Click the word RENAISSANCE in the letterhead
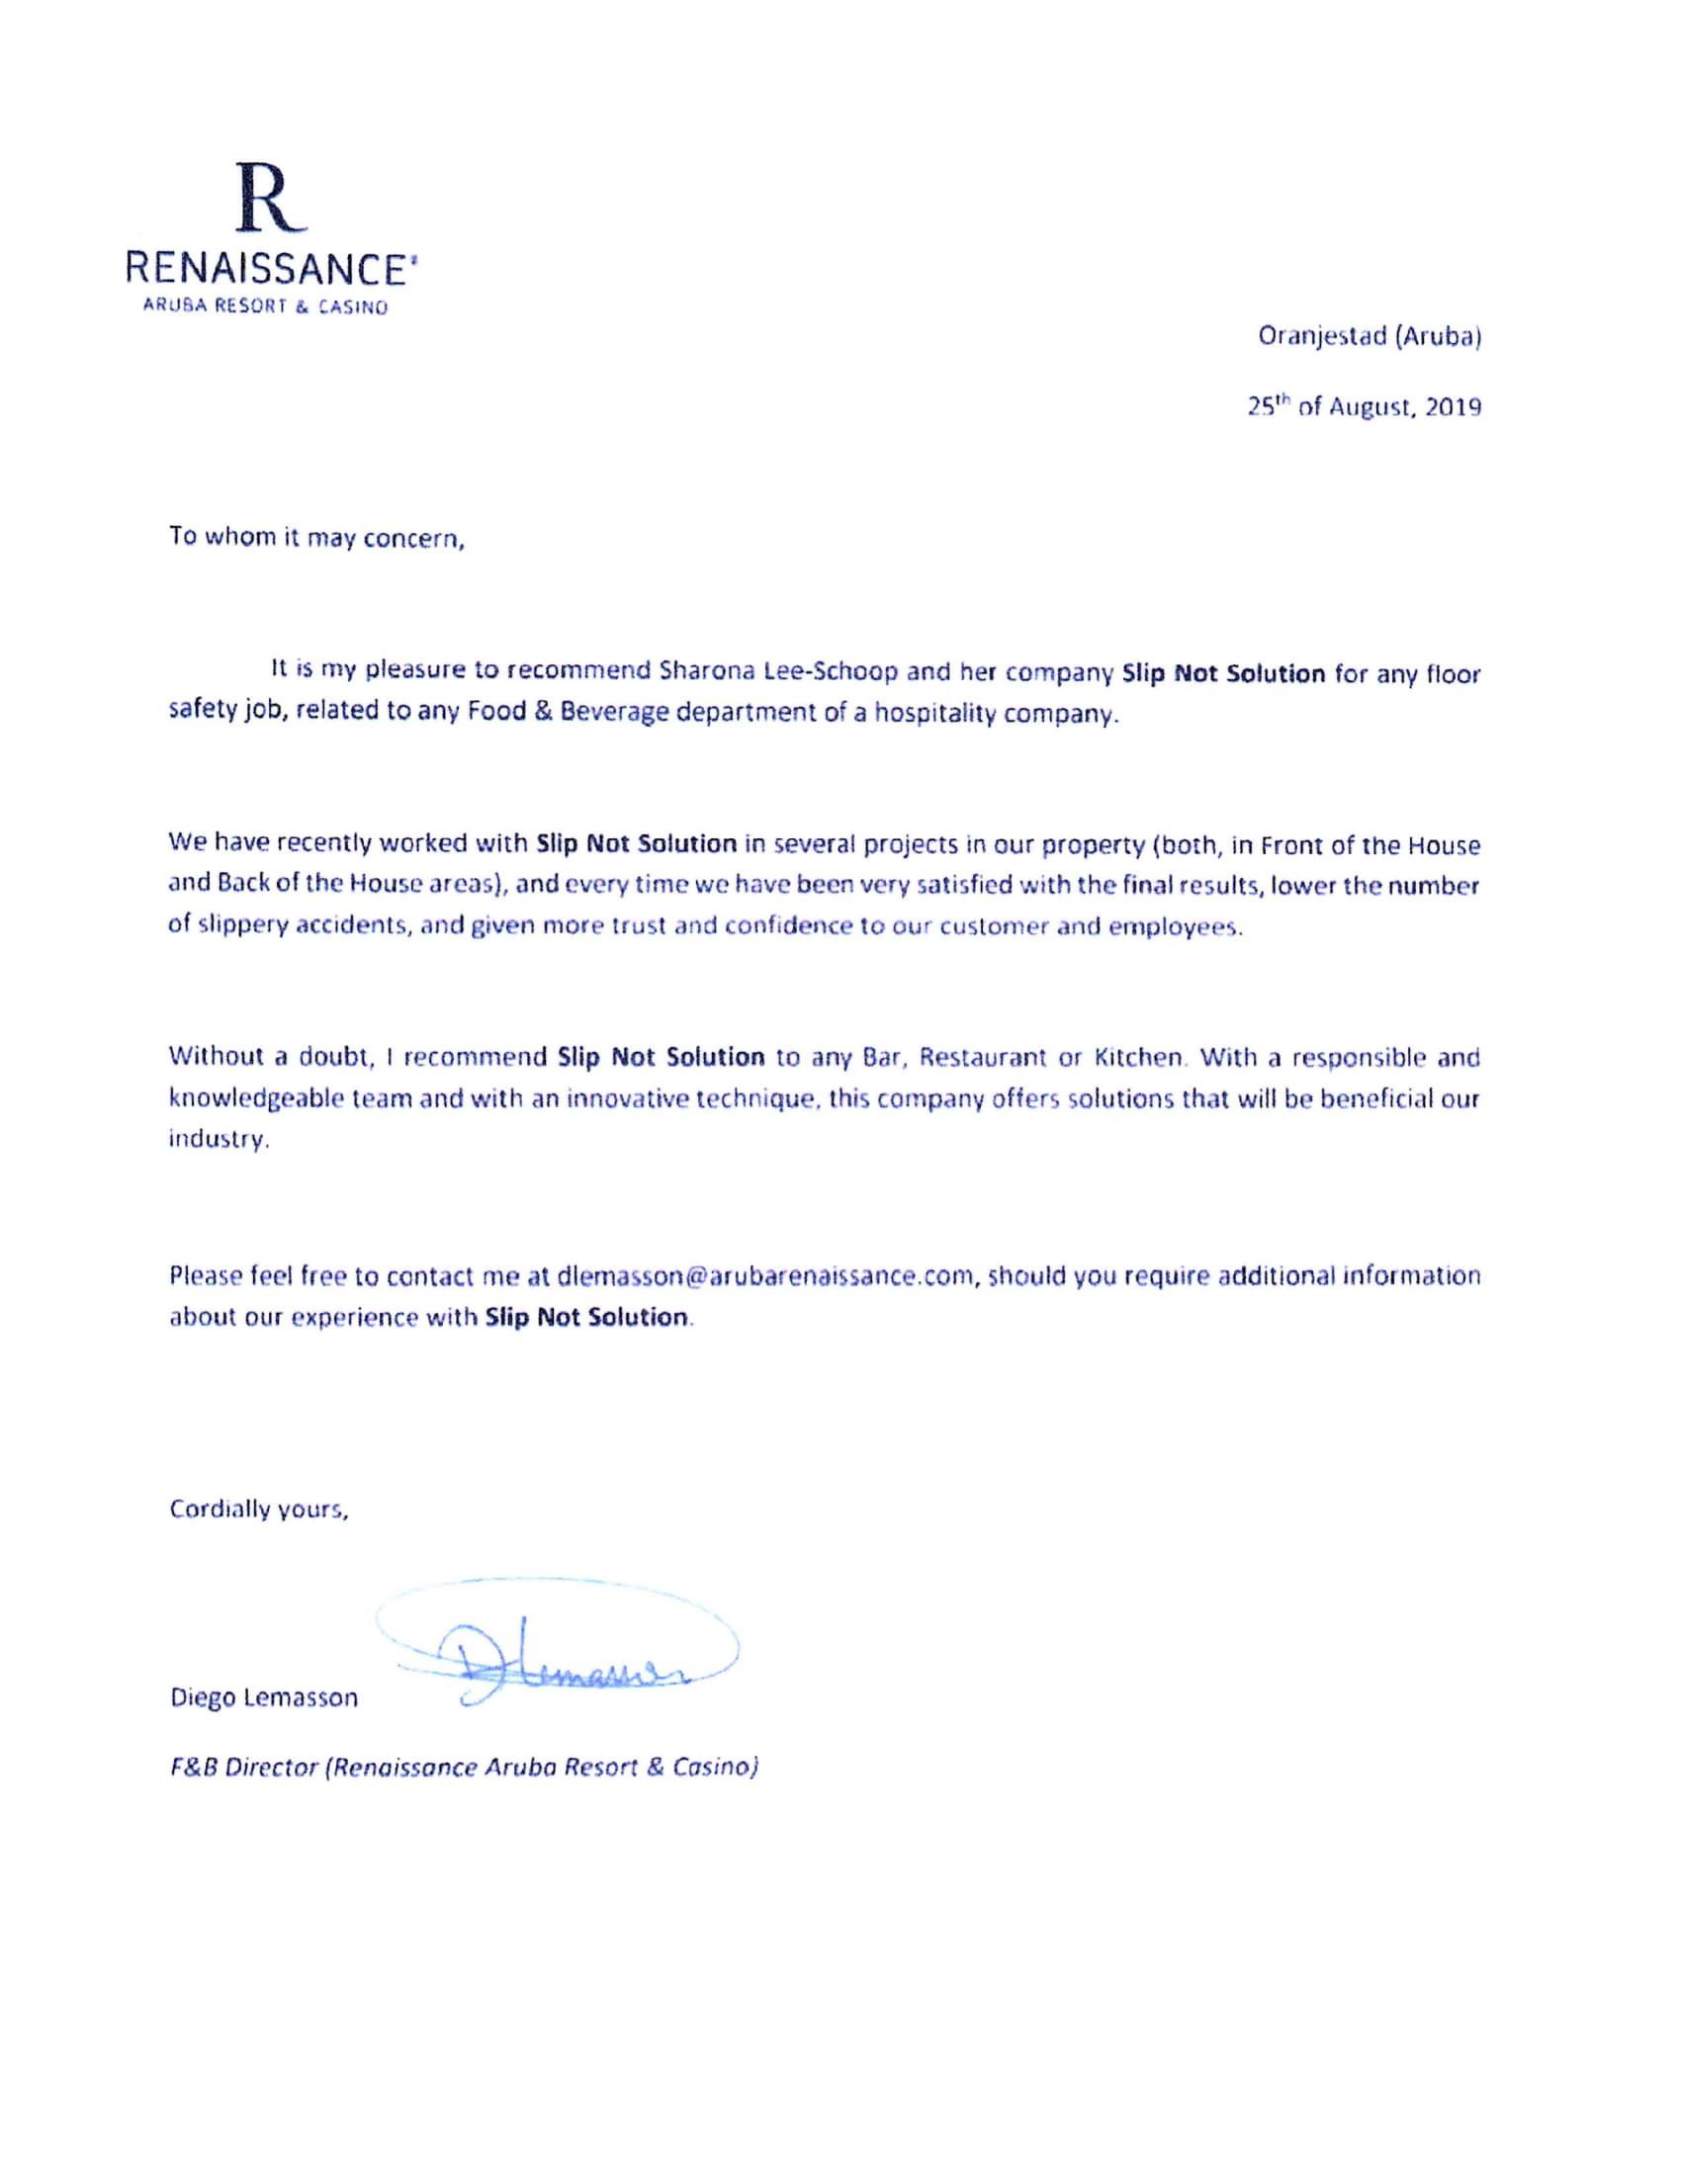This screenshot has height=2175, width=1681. click(x=272, y=269)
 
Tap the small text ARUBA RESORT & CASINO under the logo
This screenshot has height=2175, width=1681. click(x=265, y=307)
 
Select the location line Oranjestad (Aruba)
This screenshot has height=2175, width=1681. click(x=1370, y=336)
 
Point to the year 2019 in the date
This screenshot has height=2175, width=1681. click(x=1452, y=407)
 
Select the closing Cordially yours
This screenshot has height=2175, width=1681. click(x=259, y=1510)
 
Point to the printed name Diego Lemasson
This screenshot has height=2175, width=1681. click(x=264, y=1696)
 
